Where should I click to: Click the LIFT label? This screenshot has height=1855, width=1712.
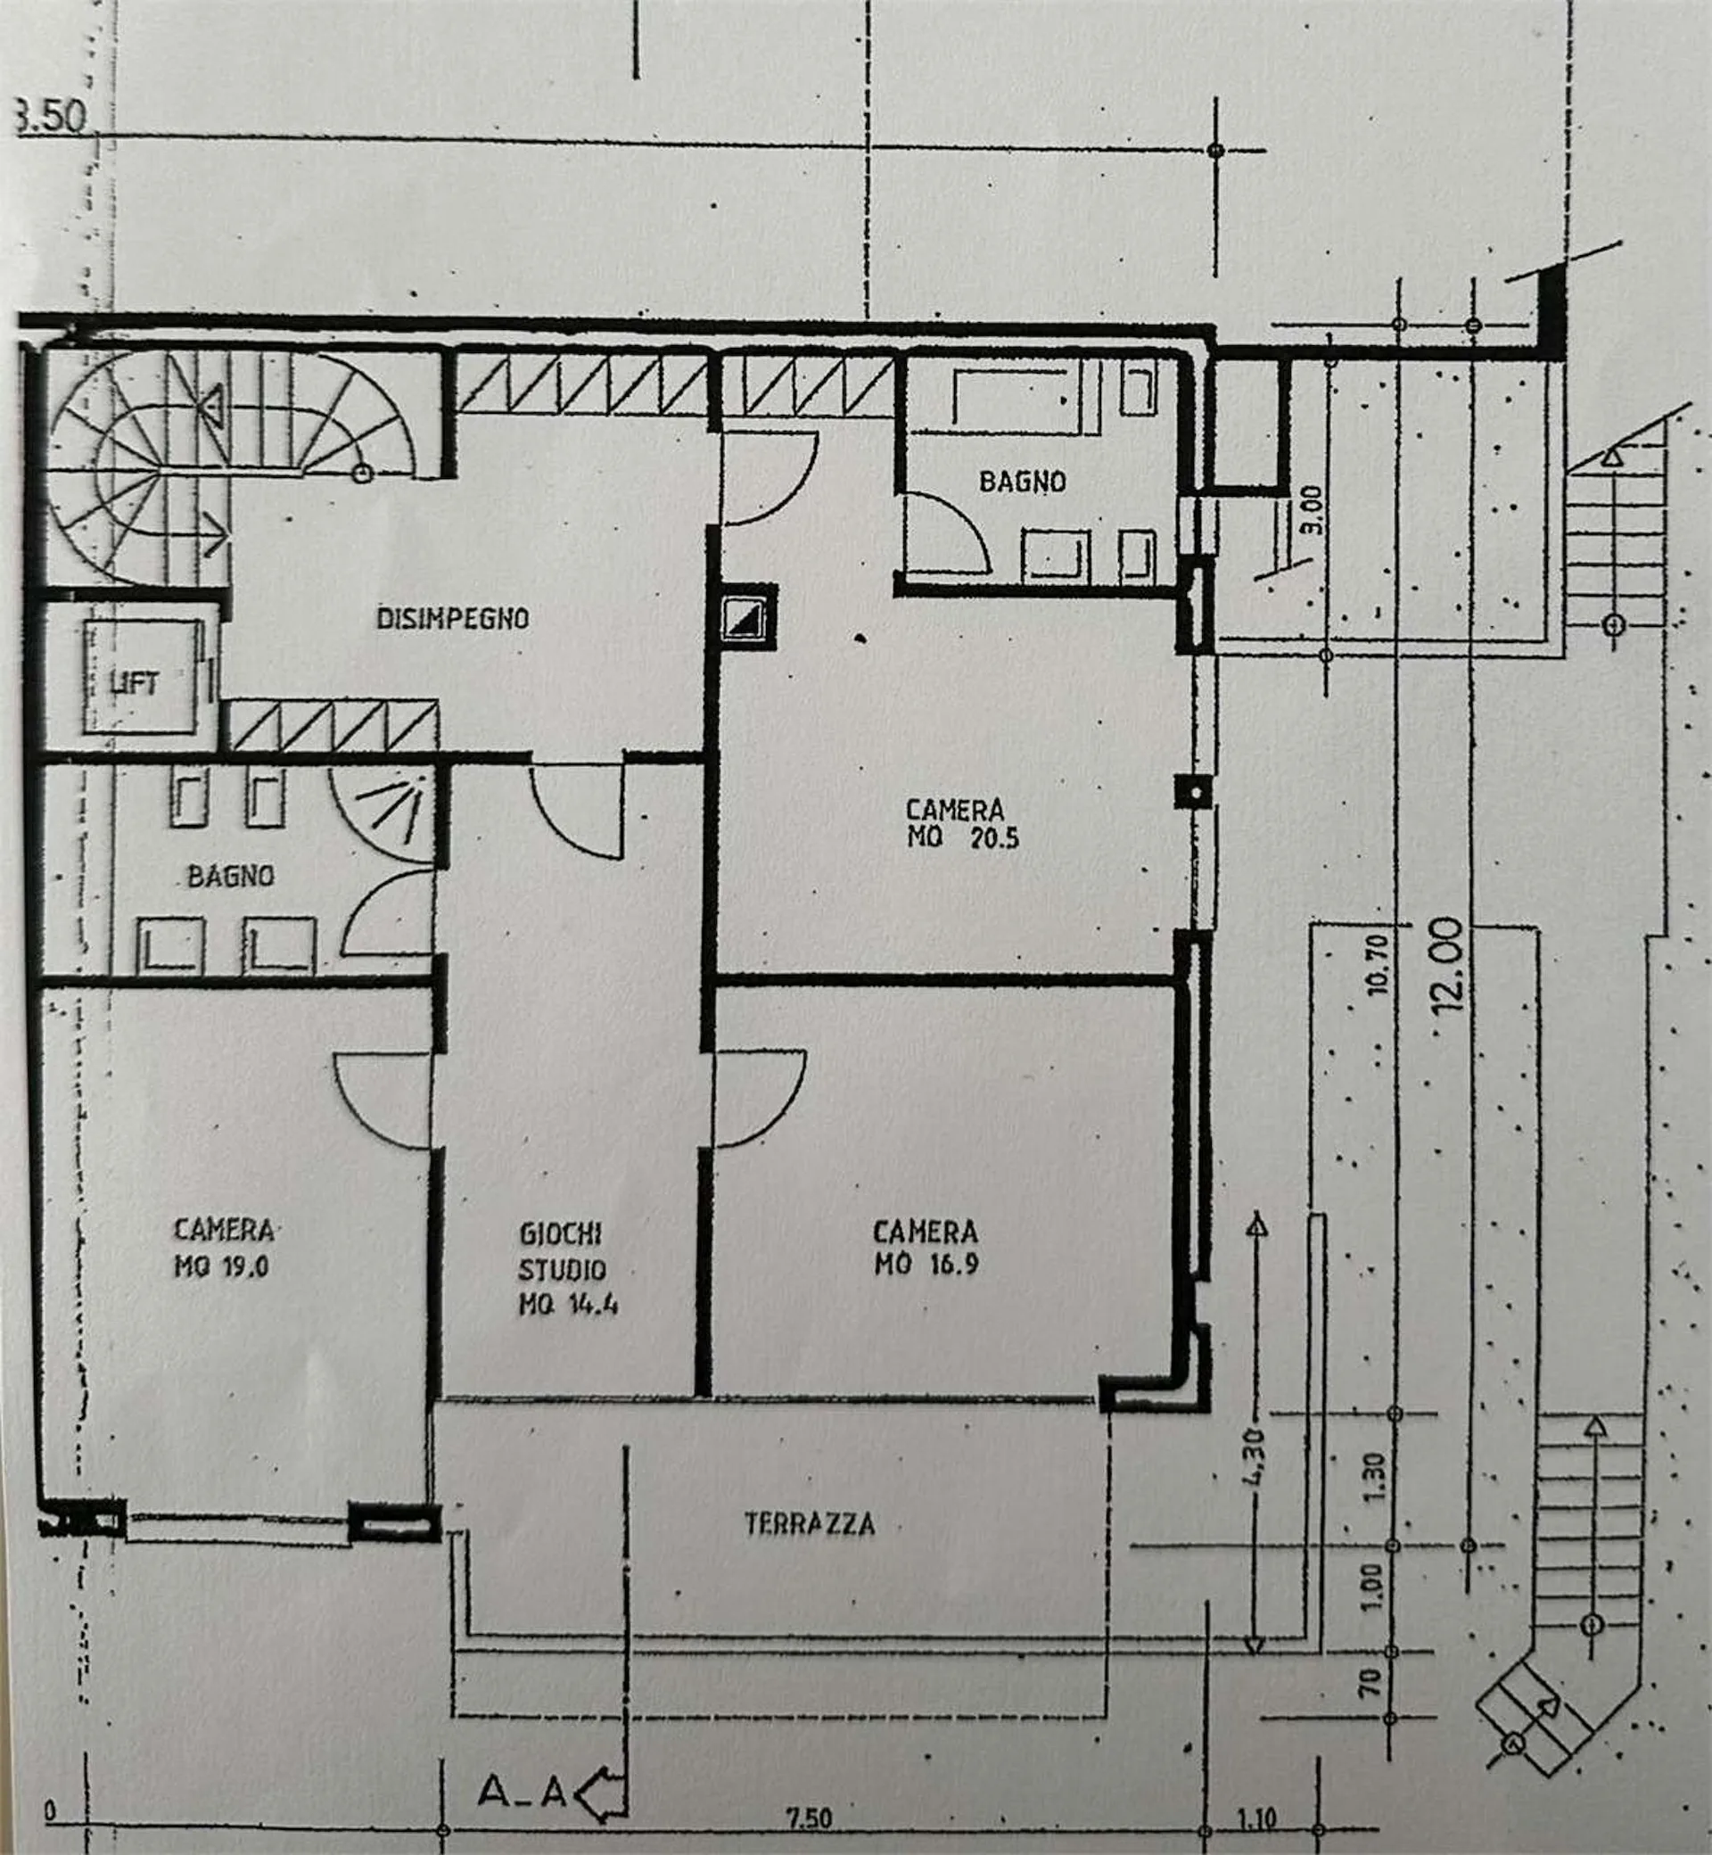tap(135, 685)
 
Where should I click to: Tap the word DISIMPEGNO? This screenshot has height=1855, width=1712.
tap(452, 618)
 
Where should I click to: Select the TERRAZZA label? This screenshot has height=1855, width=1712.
tap(810, 1524)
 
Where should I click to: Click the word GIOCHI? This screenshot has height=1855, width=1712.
tap(561, 1233)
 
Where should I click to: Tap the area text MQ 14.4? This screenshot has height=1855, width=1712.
tap(568, 1305)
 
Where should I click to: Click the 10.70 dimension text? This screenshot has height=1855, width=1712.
tap(1378, 965)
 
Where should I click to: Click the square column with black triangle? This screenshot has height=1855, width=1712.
tap(746, 617)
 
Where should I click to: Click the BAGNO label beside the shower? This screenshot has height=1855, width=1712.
tap(231, 876)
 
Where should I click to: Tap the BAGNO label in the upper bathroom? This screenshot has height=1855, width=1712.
tap(1023, 482)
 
